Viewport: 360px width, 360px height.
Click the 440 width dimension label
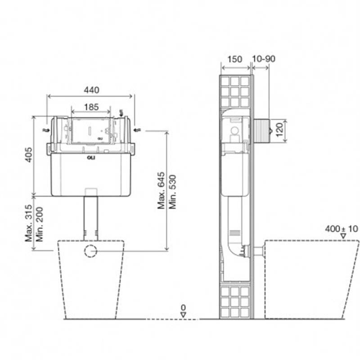click(92, 90)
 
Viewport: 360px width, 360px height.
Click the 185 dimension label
click(91, 107)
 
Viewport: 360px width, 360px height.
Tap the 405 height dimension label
click(29, 155)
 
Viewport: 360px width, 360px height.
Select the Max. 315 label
click(29, 223)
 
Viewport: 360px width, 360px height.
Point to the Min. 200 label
click(40, 224)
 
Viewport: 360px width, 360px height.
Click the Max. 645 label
click(161, 190)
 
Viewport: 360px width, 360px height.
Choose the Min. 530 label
click(172, 192)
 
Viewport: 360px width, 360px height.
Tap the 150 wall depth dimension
click(234, 59)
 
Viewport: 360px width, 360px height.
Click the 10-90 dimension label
click(264, 59)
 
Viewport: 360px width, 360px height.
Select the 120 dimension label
click(279, 130)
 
